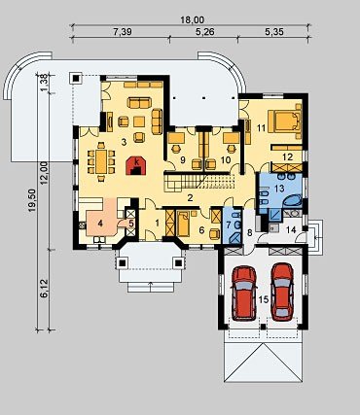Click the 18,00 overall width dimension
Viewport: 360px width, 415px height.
click(193, 19)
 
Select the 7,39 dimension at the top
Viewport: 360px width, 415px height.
click(123, 31)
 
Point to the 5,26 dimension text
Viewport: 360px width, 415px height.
click(205, 31)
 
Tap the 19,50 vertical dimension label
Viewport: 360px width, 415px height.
click(32, 201)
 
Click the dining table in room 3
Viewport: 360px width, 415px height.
click(101, 161)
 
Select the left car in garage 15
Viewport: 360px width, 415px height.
click(244, 294)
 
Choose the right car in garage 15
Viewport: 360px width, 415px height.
click(282, 292)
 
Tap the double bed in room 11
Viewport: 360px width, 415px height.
click(284, 121)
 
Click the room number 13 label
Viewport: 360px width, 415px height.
click(279, 188)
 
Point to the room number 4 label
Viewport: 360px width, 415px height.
click(100, 223)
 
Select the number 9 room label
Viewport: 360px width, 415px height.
click(183, 159)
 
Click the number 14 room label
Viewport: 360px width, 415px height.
click(291, 230)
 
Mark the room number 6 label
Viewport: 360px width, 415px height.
click(201, 230)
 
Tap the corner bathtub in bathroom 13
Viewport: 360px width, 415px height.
click(293, 201)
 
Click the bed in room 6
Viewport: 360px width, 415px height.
click(184, 224)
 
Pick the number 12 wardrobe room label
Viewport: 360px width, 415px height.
click(287, 157)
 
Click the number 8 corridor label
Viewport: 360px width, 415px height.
click(249, 232)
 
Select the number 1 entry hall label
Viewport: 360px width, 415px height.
click(158, 223)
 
